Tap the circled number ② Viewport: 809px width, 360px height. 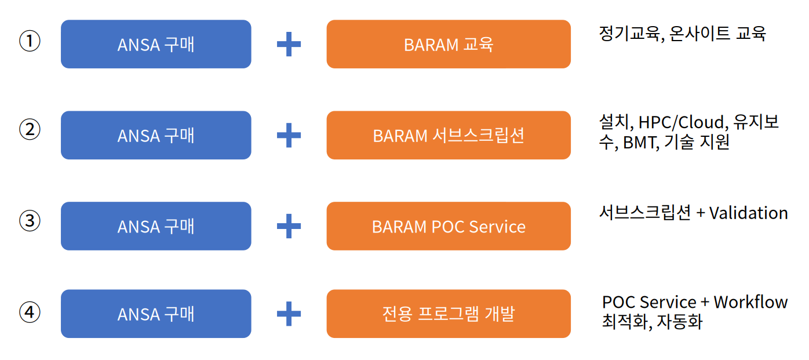[x=30, y=130]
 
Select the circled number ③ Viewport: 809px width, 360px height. [x=30, y=221]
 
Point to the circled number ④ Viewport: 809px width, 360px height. [x=30, y=312]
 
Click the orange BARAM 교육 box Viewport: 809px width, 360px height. [x=448, y=44]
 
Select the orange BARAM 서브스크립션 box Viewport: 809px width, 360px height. [x=448, y=135]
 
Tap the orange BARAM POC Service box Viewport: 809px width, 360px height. [x=448, y=226]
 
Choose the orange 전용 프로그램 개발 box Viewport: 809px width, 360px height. [x=448, y=314]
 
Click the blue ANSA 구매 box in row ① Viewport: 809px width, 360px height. [x=156, y=44]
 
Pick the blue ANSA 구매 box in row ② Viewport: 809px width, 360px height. [x=156, y=135]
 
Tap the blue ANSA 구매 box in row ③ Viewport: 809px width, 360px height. [x=156, y=226]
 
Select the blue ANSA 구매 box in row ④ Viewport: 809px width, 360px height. [x=156, y=314]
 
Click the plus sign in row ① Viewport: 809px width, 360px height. [x=289, y=45]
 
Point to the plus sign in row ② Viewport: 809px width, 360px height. [x=289, y=136]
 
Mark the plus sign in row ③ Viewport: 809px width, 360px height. [x=289, y=226]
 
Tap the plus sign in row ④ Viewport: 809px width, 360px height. [x=289, y=314]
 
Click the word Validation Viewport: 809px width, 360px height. [x=748, y=213]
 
